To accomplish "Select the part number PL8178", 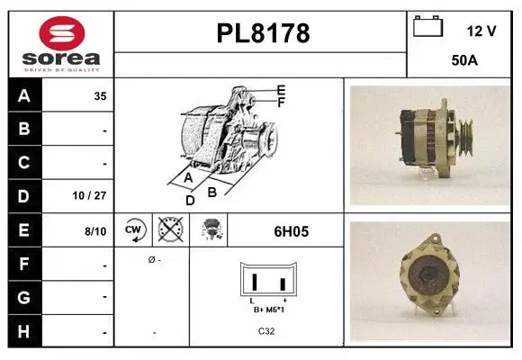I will (x=263, y=34).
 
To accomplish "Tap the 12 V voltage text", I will (x=481, y=31).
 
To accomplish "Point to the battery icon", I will (x=428, y=27).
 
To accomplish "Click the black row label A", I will (x=24, y=95).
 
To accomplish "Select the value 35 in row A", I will (x=100, y=96).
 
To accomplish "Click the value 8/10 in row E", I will (x=94, y=231).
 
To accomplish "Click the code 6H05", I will (x=291, y=231).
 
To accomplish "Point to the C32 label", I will (x=267, y=331).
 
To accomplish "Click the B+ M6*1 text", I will (x=268, y=309).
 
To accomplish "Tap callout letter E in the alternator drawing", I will (x=281, y=90).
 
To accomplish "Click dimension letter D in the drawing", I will (x=190, y=200).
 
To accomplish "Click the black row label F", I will (x=24, y=265).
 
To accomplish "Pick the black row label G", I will (x=24, y=297).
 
